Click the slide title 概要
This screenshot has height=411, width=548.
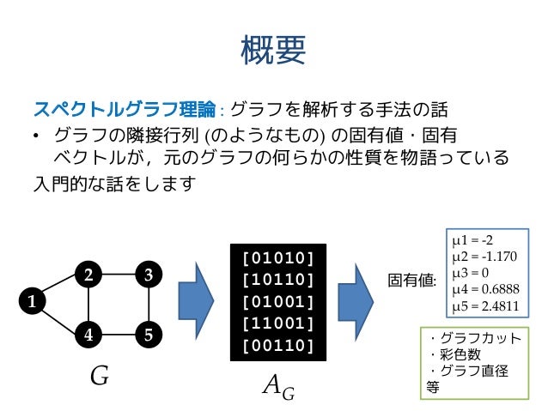tap(274, 51)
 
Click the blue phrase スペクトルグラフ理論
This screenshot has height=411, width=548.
tap(125, 110)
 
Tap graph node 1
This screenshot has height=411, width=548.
tap(32, 301)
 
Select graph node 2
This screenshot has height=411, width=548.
tap(88, 275)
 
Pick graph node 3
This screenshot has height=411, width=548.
tap(149, 275)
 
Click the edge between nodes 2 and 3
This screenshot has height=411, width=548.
tap(119, 275)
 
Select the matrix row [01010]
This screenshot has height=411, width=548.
tap(277, 257)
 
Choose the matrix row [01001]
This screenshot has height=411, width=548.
tap(277, 301)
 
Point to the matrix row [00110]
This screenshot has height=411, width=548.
tap(277, 346)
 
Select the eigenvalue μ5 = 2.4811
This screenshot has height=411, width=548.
tap(486, 306)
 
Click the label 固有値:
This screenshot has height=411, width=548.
tap(413, 280)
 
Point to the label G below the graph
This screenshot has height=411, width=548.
tap(99, 377)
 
